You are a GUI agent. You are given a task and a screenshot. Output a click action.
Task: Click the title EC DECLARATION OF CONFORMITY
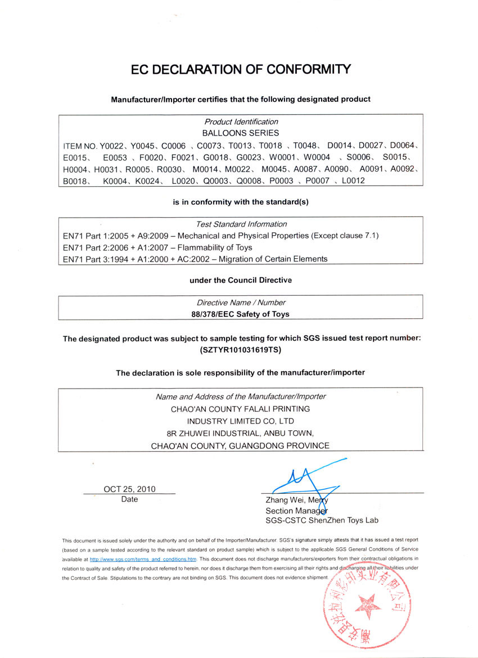[241, 70]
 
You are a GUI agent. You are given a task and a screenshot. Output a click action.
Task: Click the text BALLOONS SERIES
[241, 133]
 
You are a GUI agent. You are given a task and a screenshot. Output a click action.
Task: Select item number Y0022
[112, 146]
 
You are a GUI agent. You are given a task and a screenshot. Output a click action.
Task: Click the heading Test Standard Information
[241, 224]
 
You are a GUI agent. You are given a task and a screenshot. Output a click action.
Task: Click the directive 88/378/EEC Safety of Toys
[241, 314]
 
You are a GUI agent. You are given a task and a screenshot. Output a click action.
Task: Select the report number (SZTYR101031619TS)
[241, 350]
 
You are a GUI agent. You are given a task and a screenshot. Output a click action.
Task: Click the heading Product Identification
[241, 121]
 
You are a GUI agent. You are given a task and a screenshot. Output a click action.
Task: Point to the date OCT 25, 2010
[129, 489]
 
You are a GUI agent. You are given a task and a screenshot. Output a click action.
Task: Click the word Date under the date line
[129, 499]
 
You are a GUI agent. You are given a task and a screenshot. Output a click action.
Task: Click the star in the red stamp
[367, 606]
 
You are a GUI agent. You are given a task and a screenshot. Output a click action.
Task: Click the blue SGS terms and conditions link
[143, 560]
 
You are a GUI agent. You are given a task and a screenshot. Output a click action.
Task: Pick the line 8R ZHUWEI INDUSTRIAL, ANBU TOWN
[241, 433]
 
